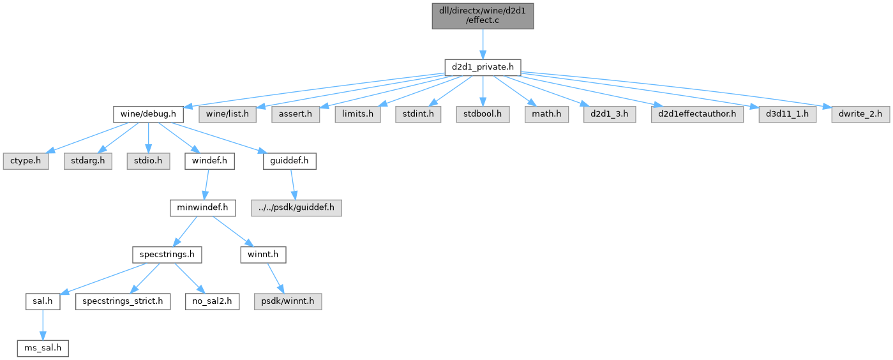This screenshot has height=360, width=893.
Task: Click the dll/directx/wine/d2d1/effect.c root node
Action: (483, 16)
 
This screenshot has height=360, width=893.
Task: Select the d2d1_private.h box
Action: (483, 68)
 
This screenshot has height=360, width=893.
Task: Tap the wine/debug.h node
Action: (148, 114)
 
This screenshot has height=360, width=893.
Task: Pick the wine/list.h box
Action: (227, 114)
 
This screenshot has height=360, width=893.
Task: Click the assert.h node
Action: (296, 114)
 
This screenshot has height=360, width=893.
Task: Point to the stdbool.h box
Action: (483, 114)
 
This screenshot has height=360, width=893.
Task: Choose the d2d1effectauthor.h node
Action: (697, 114)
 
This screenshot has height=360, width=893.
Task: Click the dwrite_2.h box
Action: (860, 114)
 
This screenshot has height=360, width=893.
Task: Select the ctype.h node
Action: (26, 161)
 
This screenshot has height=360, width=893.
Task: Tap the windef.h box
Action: (209, 161)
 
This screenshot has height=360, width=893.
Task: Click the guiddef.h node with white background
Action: (289, 161)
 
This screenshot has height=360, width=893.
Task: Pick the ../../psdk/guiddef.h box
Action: (296, 207)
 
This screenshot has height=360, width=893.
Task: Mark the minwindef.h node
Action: (202, 207)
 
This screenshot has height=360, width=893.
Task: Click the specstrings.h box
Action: (167, 255)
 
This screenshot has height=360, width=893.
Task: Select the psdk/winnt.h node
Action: (288, 301)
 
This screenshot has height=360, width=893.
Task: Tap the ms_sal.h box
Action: (43, 349)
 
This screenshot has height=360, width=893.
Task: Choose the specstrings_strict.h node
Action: (123, 301)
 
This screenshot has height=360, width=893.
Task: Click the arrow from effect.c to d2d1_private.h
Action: (483, 44)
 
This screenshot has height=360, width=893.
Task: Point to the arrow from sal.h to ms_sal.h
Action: (43, 325)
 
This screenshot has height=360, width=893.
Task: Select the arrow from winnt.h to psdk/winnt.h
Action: (276, 278)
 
